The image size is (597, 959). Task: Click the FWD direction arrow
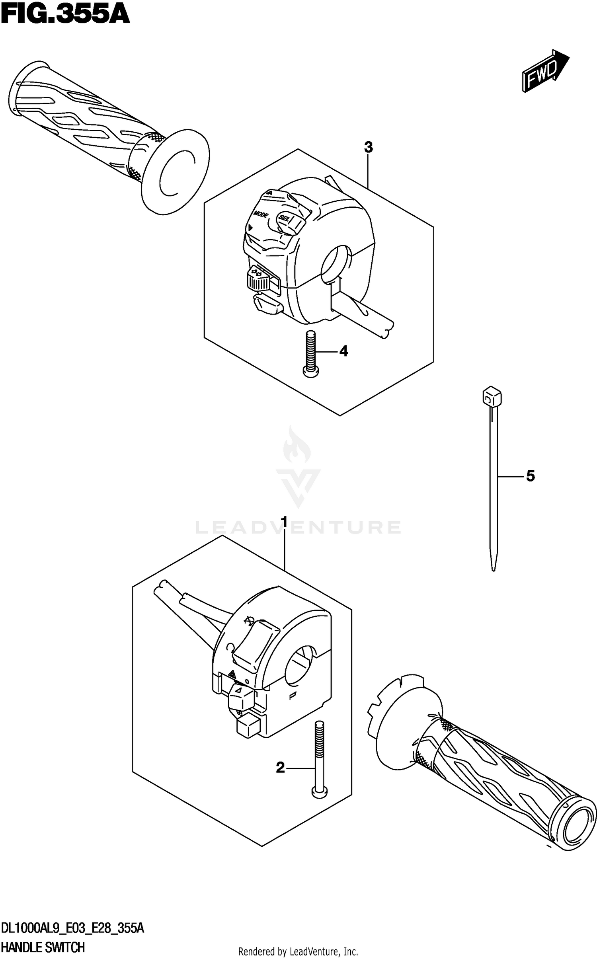pyautogui.click(x=545, y=72)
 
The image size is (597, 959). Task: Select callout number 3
pyautogui.click(x=368, y=148)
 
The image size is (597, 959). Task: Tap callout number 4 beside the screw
pyautogui.click(x=343, y=351)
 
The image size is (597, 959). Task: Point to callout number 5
pyautogui.click(x=530, y=476)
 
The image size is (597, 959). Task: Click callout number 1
pyautogui.click(x=284, y=521)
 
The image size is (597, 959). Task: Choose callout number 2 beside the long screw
pyautogui.click(x=281, y=768)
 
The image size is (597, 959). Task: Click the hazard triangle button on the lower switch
pyautogui.click(x=241, y=694)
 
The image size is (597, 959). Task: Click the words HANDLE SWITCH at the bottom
pyautogui.click(x=43, y=947)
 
